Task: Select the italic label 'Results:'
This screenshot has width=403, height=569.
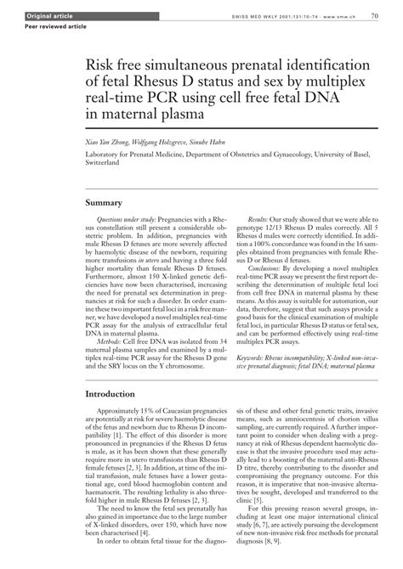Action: click(x=255, y=219)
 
